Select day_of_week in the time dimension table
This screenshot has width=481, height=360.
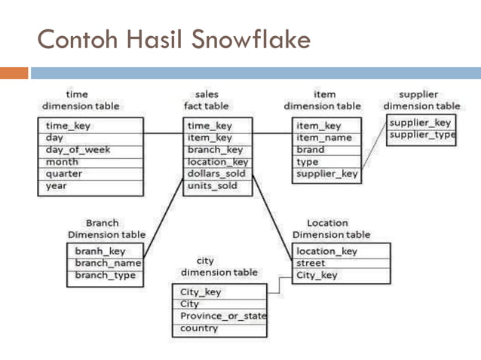tap(78, 150)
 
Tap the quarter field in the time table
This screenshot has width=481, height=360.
tap(65, 173)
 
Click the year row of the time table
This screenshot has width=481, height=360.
tap(57, 185)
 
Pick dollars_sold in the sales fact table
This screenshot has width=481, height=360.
tap(216, 173)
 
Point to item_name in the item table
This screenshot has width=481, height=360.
tap(324, 138)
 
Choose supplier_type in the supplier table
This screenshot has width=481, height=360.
tap(422, 135)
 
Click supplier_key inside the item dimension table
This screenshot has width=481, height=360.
tap(327, 174)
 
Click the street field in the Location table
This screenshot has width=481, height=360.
tap(311, 264)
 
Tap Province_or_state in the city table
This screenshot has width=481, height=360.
tap(222, 316)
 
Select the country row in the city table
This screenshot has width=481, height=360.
tap(199, 328)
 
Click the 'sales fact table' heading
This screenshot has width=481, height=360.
tap(207, 100)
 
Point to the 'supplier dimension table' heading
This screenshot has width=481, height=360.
tap(421, 100)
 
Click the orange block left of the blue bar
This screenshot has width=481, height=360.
tap(14, 73)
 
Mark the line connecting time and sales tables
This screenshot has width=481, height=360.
tap(162, 135)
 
